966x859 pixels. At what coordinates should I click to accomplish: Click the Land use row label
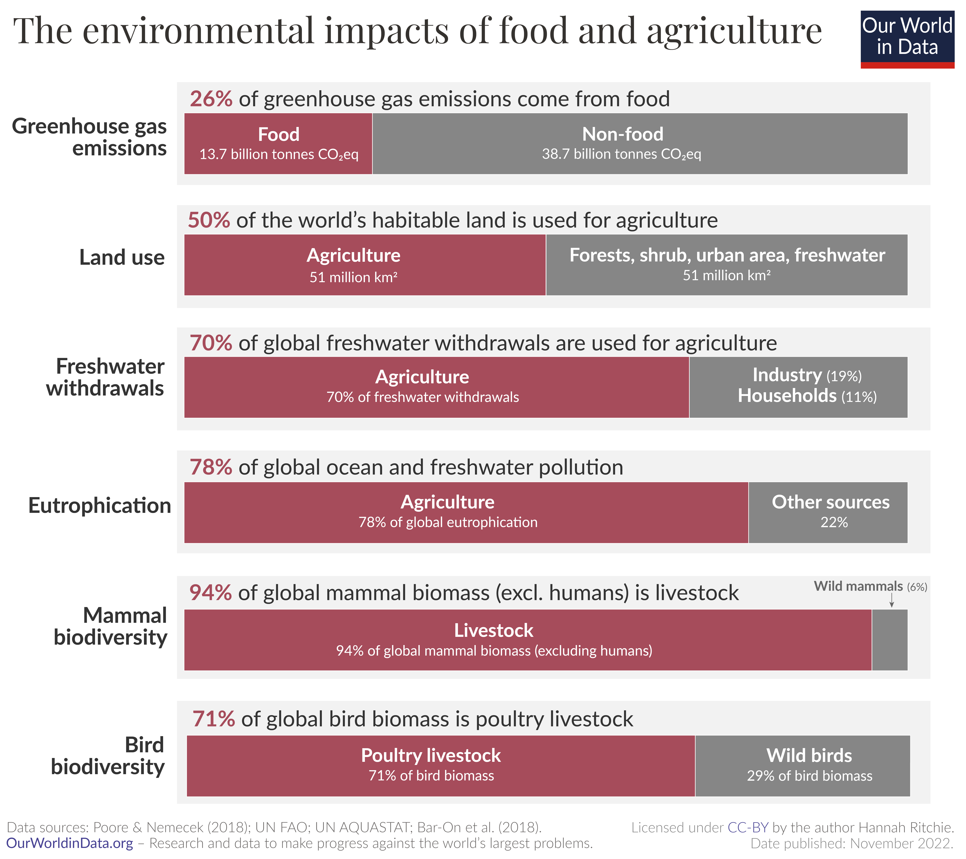point(122,258)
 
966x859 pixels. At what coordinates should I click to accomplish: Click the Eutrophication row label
point(99,505)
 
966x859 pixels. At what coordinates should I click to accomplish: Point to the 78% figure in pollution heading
point(211,467)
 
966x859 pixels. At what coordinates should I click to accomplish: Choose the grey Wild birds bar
point(802,766)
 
